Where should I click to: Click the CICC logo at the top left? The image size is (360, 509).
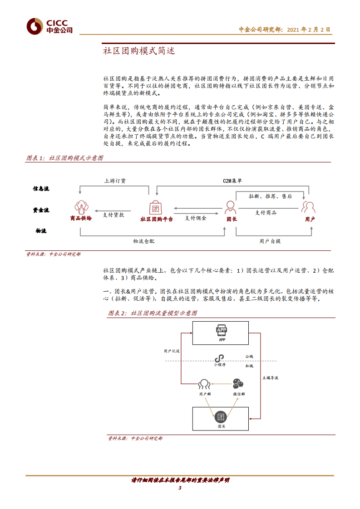49,27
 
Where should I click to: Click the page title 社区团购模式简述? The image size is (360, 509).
139,51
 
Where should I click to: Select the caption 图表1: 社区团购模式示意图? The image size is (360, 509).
65,158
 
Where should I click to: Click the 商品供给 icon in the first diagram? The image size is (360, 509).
81,206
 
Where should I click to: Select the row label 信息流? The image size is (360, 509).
41,188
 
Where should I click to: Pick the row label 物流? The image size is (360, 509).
41,231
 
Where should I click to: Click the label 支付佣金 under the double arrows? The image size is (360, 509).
195,218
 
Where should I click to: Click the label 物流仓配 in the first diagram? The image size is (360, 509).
143,241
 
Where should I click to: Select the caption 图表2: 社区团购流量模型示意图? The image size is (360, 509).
153,313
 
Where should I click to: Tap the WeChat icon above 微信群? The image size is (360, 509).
239,384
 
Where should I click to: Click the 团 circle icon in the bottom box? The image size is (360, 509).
221,417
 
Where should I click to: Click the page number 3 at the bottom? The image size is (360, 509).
180,488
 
